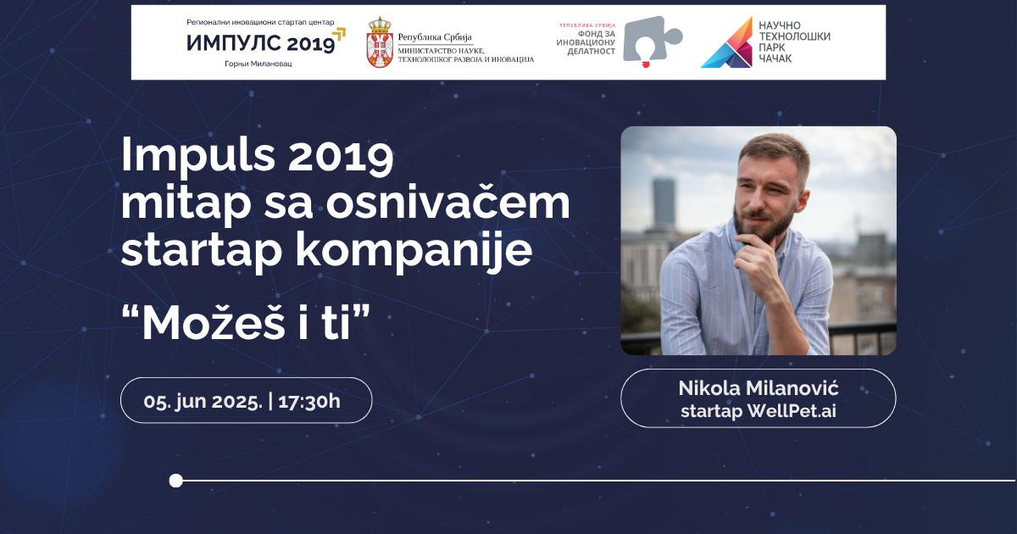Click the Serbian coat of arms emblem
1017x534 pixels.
380,42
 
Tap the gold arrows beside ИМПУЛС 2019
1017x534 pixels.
339,36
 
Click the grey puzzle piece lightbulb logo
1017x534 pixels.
652,42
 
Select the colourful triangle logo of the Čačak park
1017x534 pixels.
726,42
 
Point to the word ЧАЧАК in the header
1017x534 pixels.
775,58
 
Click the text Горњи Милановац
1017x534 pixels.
258,64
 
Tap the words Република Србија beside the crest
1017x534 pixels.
435,37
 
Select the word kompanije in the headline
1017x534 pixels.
414,250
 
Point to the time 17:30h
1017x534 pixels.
309,402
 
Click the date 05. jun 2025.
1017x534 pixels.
203,402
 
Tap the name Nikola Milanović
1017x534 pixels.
759,388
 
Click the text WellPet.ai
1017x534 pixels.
792,411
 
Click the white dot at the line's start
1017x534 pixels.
175,481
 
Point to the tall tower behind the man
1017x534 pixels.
664,203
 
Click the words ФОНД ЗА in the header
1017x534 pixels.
597,34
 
